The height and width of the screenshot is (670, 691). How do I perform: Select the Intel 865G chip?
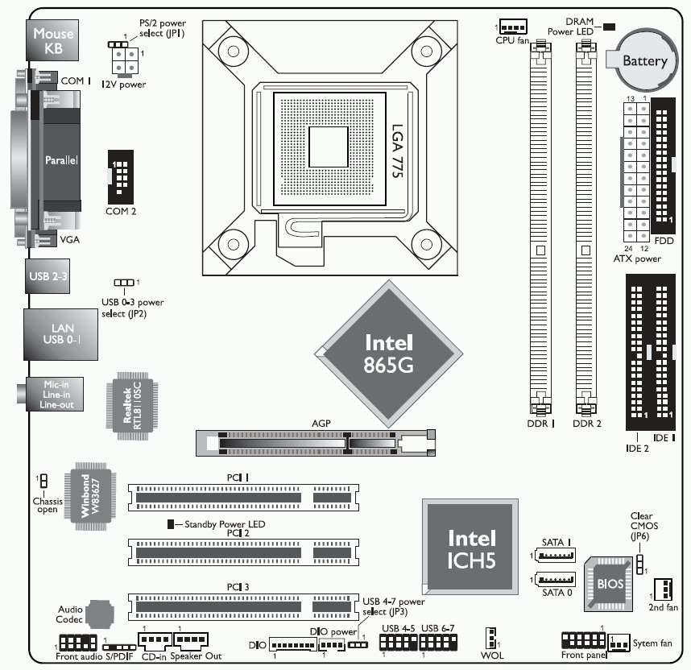[389, 353]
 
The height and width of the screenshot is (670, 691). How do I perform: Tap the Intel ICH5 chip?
[472, 548]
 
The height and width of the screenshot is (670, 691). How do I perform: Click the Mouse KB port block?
[54, 41]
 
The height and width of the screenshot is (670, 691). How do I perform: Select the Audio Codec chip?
[99, 614]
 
